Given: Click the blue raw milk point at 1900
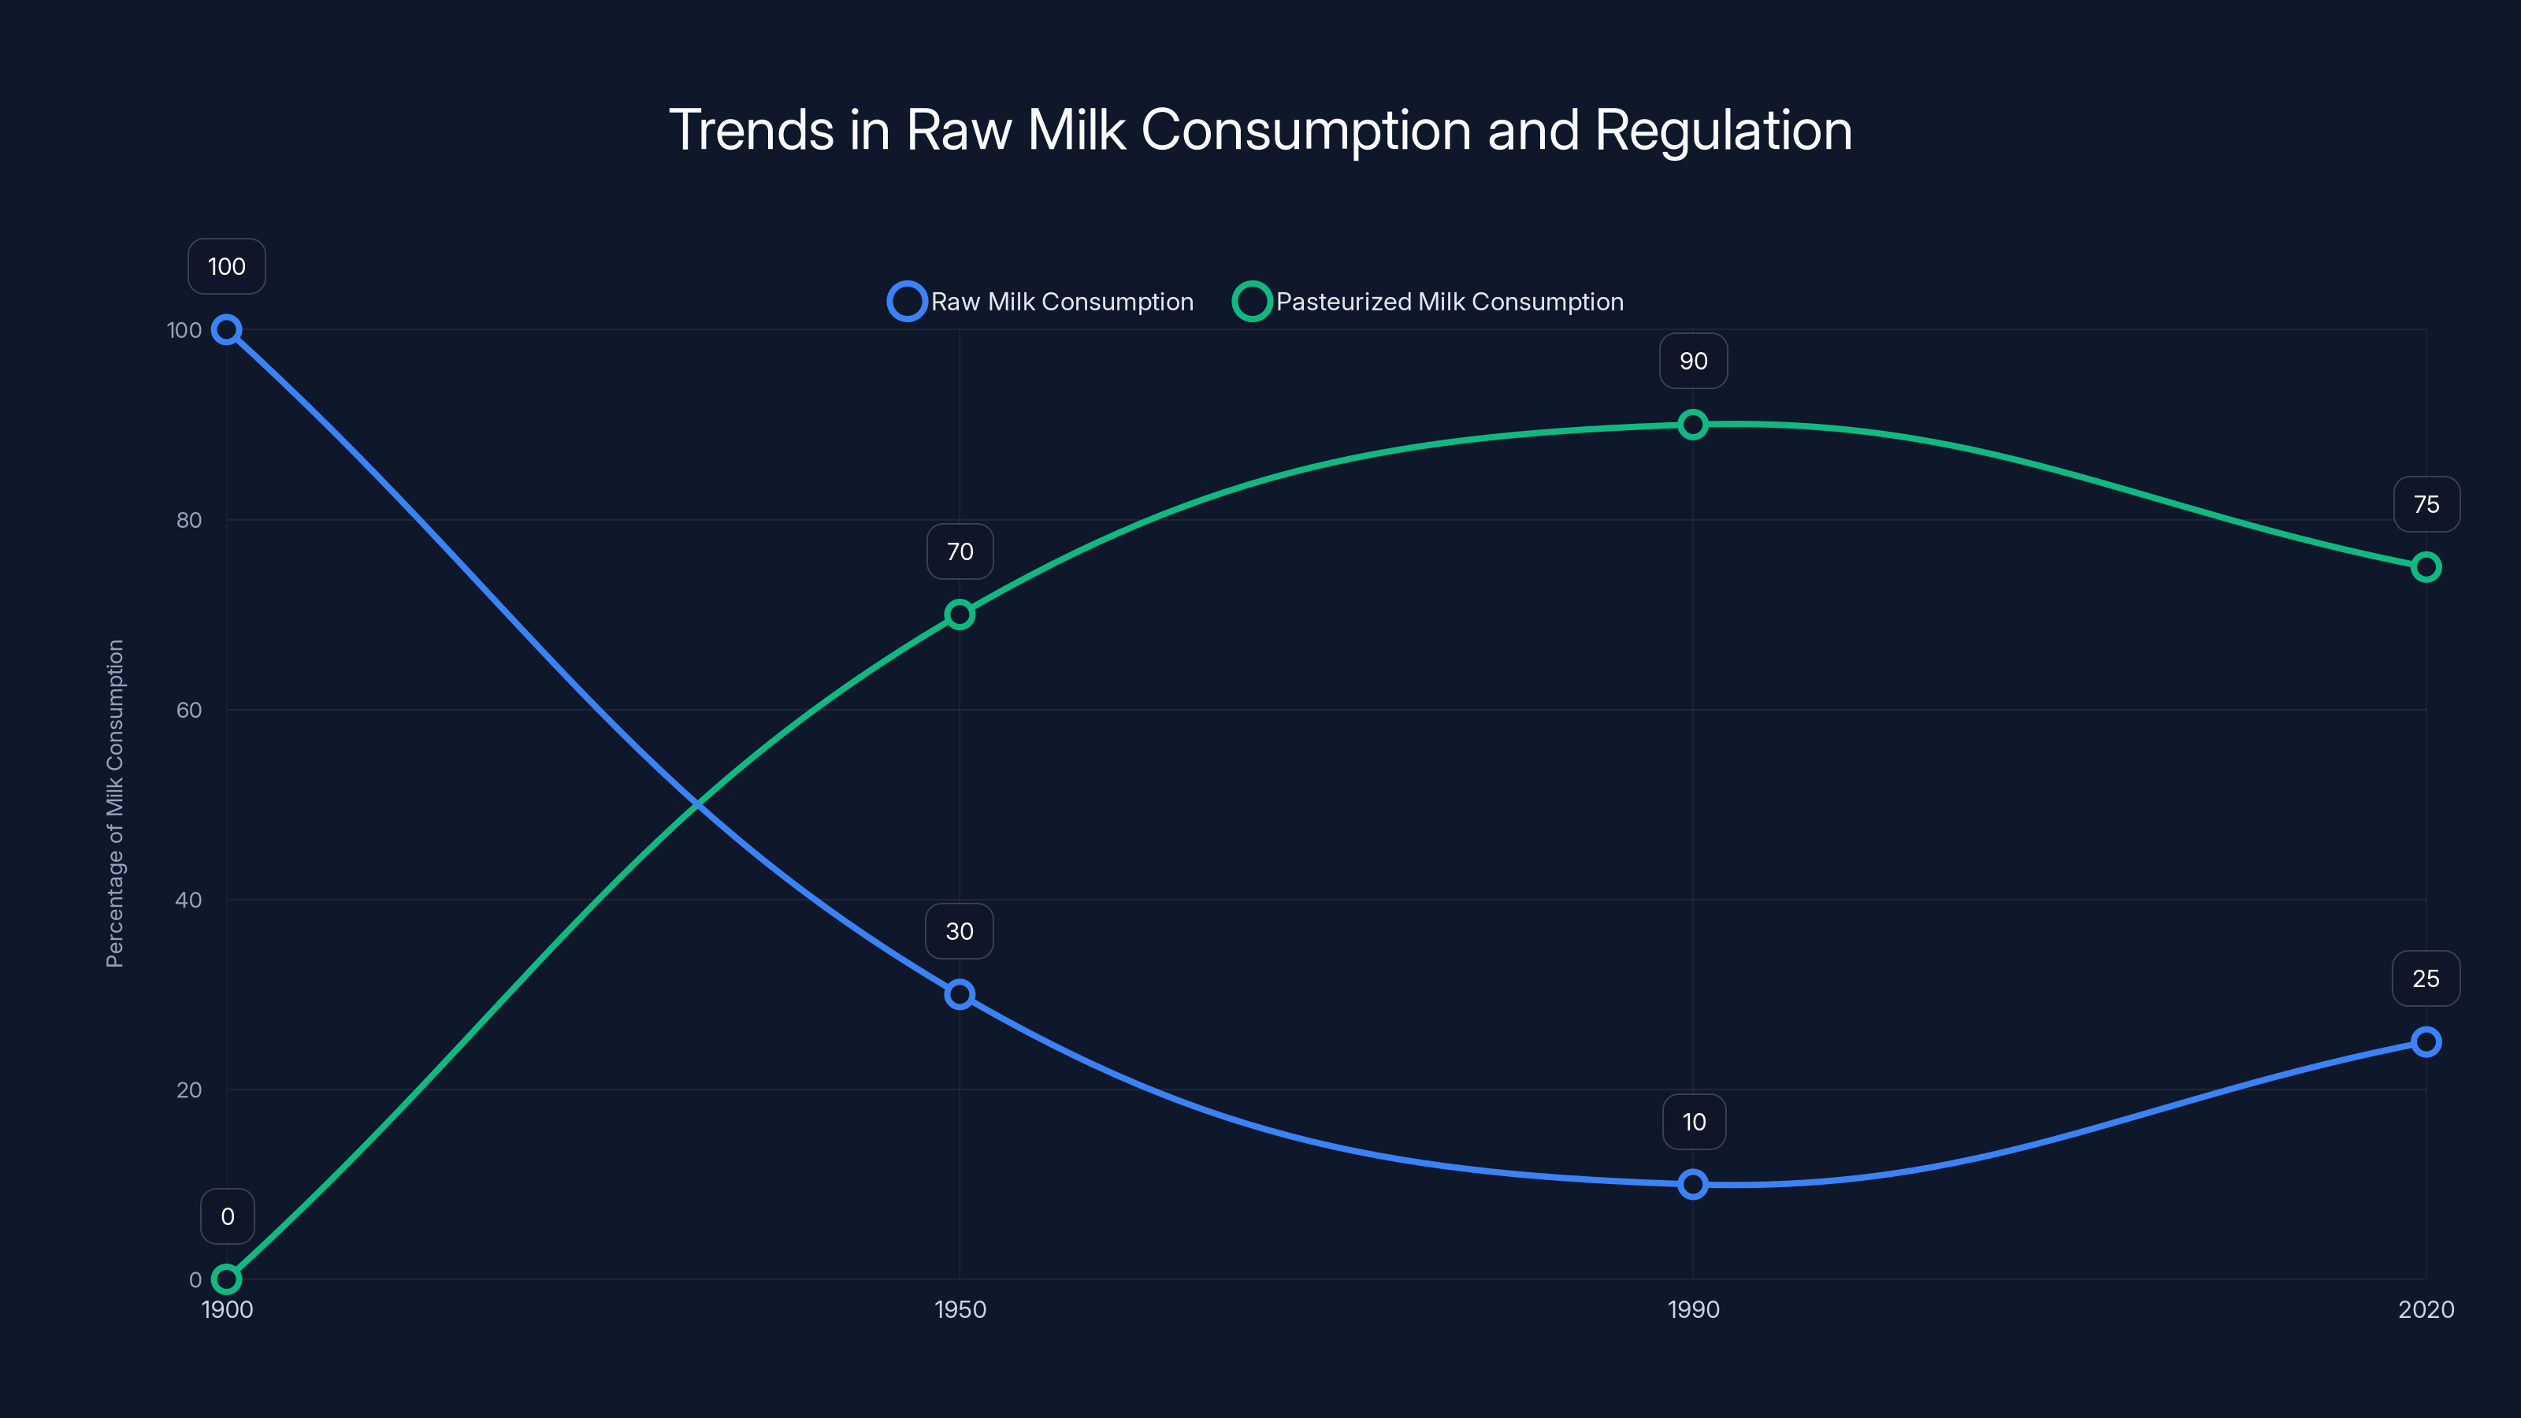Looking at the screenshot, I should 227,330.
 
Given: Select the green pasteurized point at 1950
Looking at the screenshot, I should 959,614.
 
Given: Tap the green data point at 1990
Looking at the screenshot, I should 1693,425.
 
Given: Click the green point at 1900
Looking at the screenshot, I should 227,1279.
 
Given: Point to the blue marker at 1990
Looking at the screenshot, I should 1693,1184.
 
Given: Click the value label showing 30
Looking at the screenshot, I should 959,932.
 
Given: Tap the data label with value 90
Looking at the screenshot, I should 1693,361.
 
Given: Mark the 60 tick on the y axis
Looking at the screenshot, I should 189,711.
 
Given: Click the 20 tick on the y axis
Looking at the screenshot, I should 189,1090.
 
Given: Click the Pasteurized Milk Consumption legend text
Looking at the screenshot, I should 1450,302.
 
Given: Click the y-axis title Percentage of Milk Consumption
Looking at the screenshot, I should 116,804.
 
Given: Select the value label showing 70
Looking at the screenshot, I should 959,552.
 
